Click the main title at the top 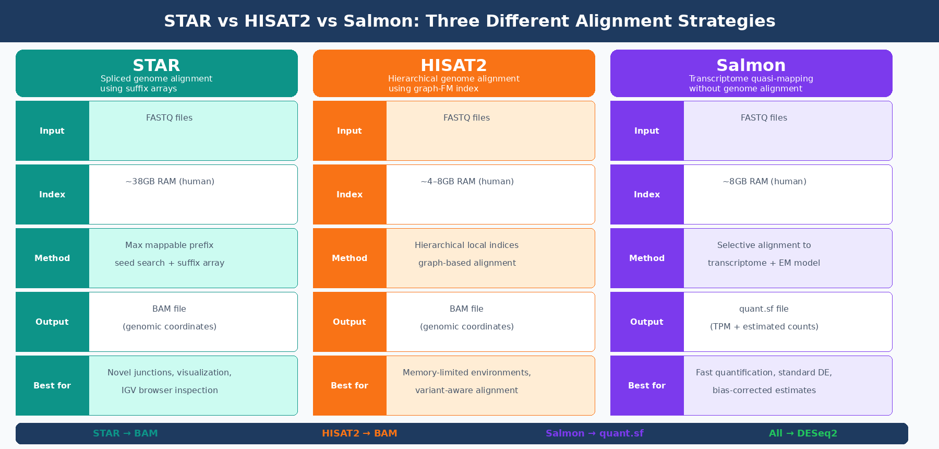[x=469, y=21]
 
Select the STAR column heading [x=156, y=65]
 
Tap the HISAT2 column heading [x=454, y=65]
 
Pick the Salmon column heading [x=751, y=65]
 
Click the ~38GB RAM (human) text [x=170, y=182]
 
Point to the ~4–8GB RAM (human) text [x=467, y=182]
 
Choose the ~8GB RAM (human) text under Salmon [x=764, y=182]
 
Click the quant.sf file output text [x=764, y=309]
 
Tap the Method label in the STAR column [x=52, y=258]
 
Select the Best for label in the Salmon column [x=647, y=385]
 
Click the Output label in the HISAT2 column [x=350, y=322]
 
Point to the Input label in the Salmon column [x=647, y=131]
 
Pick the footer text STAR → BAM [x=125, y=433]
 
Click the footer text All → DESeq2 [x=803, y=433]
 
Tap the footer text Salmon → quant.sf [x=595, y=433]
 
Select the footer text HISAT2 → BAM [x=359, y=433]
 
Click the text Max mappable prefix [x=170, y=245]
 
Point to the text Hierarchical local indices [x=467, y=245]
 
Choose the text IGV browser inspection [x=170, y=391]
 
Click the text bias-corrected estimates [x=764, y=391]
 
